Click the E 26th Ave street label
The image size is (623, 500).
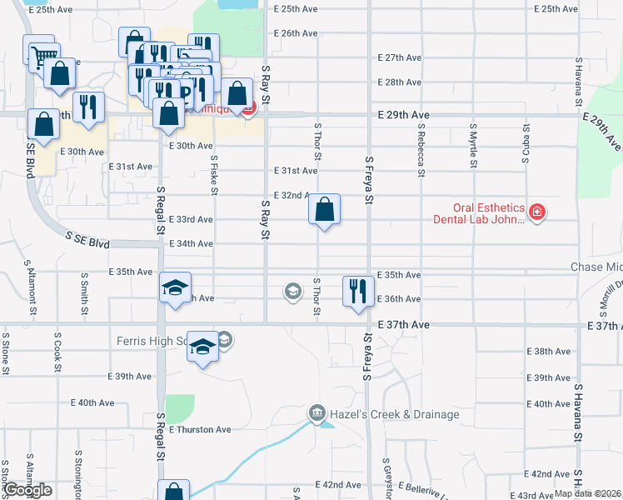coord(296,33)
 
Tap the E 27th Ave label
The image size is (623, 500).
coord(401,58)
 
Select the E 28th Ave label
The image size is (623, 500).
coord(401,82)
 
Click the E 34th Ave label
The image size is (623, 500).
coord(192,244)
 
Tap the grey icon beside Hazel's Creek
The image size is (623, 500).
coord(316,412)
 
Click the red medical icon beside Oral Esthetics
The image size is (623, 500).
coord(537,212)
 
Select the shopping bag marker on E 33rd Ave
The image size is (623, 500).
coord(325,210)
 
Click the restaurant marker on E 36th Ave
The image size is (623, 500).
coord(358,291)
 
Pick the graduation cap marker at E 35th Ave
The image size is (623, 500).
coord(175,287)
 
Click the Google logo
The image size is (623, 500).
coord(27,490)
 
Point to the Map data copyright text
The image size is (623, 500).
coord(588,493)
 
